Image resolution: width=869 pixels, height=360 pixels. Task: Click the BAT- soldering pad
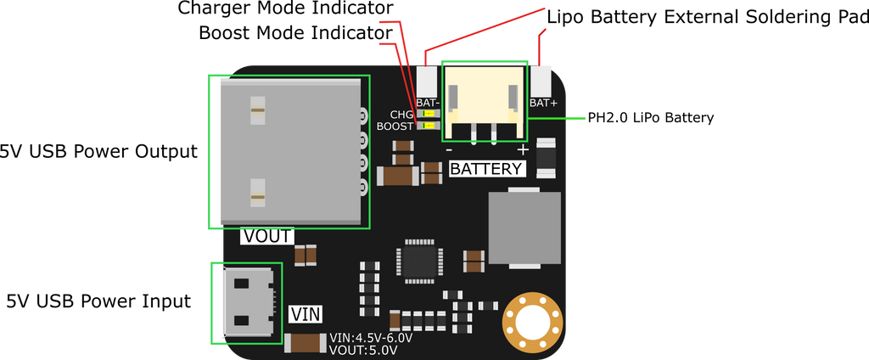(427, 81)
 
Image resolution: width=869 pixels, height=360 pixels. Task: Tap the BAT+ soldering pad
(541, 81)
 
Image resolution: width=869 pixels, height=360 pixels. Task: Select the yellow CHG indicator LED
(428, 114)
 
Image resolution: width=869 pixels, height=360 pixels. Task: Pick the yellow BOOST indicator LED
(428, 126)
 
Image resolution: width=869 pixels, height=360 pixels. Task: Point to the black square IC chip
(419, 262)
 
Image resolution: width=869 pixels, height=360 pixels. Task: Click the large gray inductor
(524, 228)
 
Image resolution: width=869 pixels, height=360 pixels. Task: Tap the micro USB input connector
(249, 301)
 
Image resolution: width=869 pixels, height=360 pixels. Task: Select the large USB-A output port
(291, 151)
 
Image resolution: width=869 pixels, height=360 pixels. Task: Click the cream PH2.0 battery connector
(485, 102)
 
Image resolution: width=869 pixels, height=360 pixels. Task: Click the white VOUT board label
(267, 236)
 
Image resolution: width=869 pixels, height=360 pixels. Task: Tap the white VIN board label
(306, 314)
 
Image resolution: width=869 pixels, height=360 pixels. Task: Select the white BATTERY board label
(486, 169)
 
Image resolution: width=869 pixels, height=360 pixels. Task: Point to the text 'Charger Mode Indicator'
(285, 8)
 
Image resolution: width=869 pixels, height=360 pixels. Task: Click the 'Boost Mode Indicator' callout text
(295, 33)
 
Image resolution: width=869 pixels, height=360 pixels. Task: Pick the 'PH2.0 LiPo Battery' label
(651, 118)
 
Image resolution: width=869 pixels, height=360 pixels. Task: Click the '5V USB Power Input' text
(98, 301)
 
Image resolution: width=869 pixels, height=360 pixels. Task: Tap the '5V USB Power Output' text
(98, 151)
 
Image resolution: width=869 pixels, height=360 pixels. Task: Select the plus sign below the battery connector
(523, 149)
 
